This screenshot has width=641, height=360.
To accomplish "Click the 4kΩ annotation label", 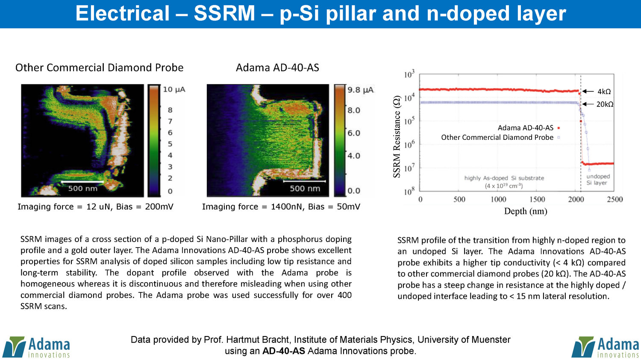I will click(604, 91).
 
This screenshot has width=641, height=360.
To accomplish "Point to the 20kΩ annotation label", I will click(605, 104).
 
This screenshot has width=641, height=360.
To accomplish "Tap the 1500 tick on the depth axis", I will click(537, 199).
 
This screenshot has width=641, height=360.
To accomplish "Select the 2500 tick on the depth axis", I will click(615, 199).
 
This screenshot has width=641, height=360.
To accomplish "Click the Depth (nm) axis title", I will click(526, 211).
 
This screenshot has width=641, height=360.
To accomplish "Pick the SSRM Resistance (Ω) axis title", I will click(397, 137).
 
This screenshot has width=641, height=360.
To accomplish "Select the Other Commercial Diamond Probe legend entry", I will click(500, 137).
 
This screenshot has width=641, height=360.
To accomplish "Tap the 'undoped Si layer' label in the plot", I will click(598, 180).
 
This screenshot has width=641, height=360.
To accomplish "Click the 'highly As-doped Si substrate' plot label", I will click(504, 178).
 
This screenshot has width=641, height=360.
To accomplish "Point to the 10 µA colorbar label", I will click(174, 89).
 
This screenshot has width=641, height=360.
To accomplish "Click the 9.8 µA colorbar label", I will click(360, 90).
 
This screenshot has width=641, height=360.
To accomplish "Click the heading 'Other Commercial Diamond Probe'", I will click(99, 68).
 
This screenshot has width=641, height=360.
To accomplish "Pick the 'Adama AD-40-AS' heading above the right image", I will click(277, 68).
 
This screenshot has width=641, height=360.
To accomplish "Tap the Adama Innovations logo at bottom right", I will click(605, 347).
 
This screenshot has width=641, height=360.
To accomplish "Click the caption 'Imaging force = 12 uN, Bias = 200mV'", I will click(95, 207).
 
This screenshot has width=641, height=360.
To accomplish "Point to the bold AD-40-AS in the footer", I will click(283, 351).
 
